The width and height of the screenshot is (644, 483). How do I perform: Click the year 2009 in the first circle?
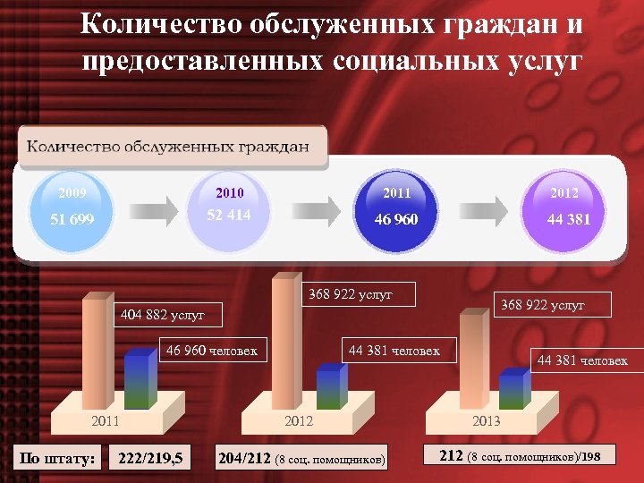tap(72, 193)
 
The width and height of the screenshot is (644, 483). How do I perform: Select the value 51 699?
tap(72, 220)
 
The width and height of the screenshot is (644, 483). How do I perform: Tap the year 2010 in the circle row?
tap(230, 193)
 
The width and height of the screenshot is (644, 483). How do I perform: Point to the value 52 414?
tap(229, 216)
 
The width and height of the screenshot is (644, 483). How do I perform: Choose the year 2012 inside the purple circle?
tap(564, 193)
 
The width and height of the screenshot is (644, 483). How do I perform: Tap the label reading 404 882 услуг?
tap(164, 314)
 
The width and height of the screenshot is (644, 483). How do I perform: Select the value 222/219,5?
tap(150, 459)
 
